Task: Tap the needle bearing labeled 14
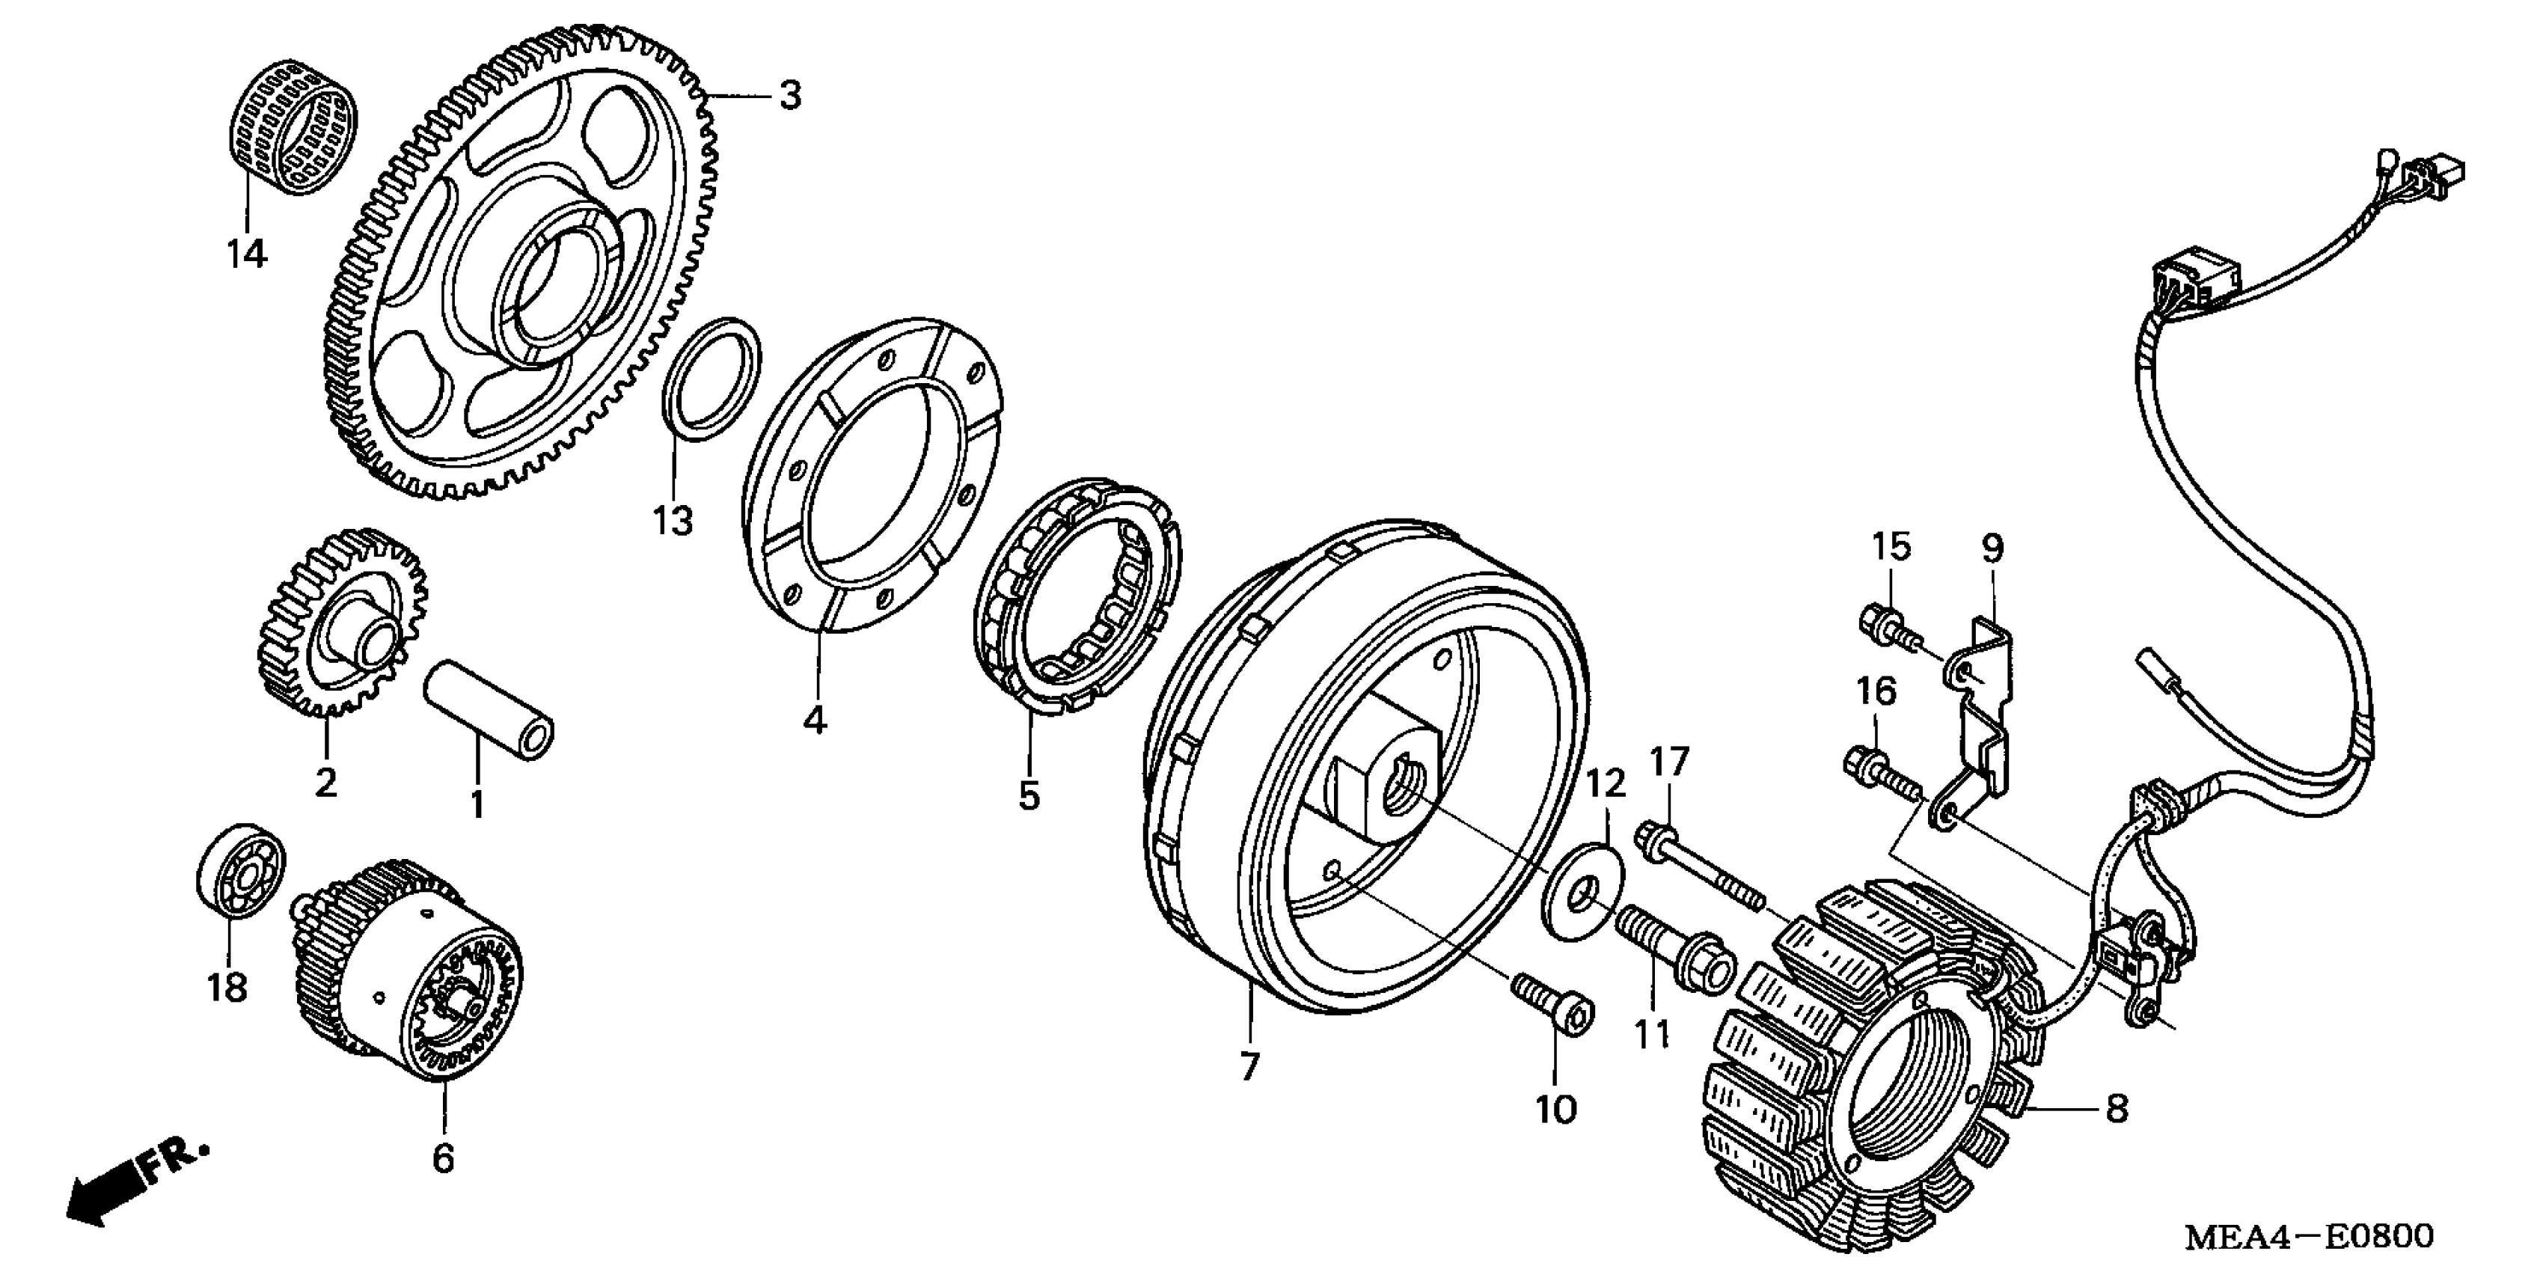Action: pos(293,129)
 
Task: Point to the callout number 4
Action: pos(815,721)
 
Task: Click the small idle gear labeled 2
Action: pos(341,623)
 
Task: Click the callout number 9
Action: pos(1992,548)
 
